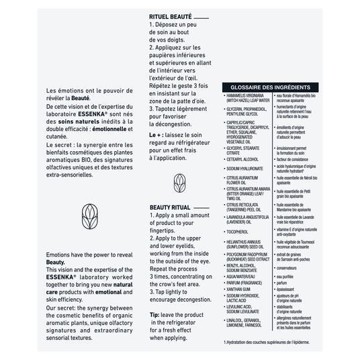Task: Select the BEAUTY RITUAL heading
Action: [171, 208]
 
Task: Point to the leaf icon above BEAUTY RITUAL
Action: [179, 182]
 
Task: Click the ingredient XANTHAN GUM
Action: [240, 289]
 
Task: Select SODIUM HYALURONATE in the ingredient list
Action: [246, 169]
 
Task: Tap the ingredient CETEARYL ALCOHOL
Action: [243, 159]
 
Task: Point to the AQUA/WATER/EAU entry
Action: [243, 275]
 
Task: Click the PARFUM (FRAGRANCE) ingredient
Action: [246, 282]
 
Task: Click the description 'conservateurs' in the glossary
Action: [290, 268]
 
